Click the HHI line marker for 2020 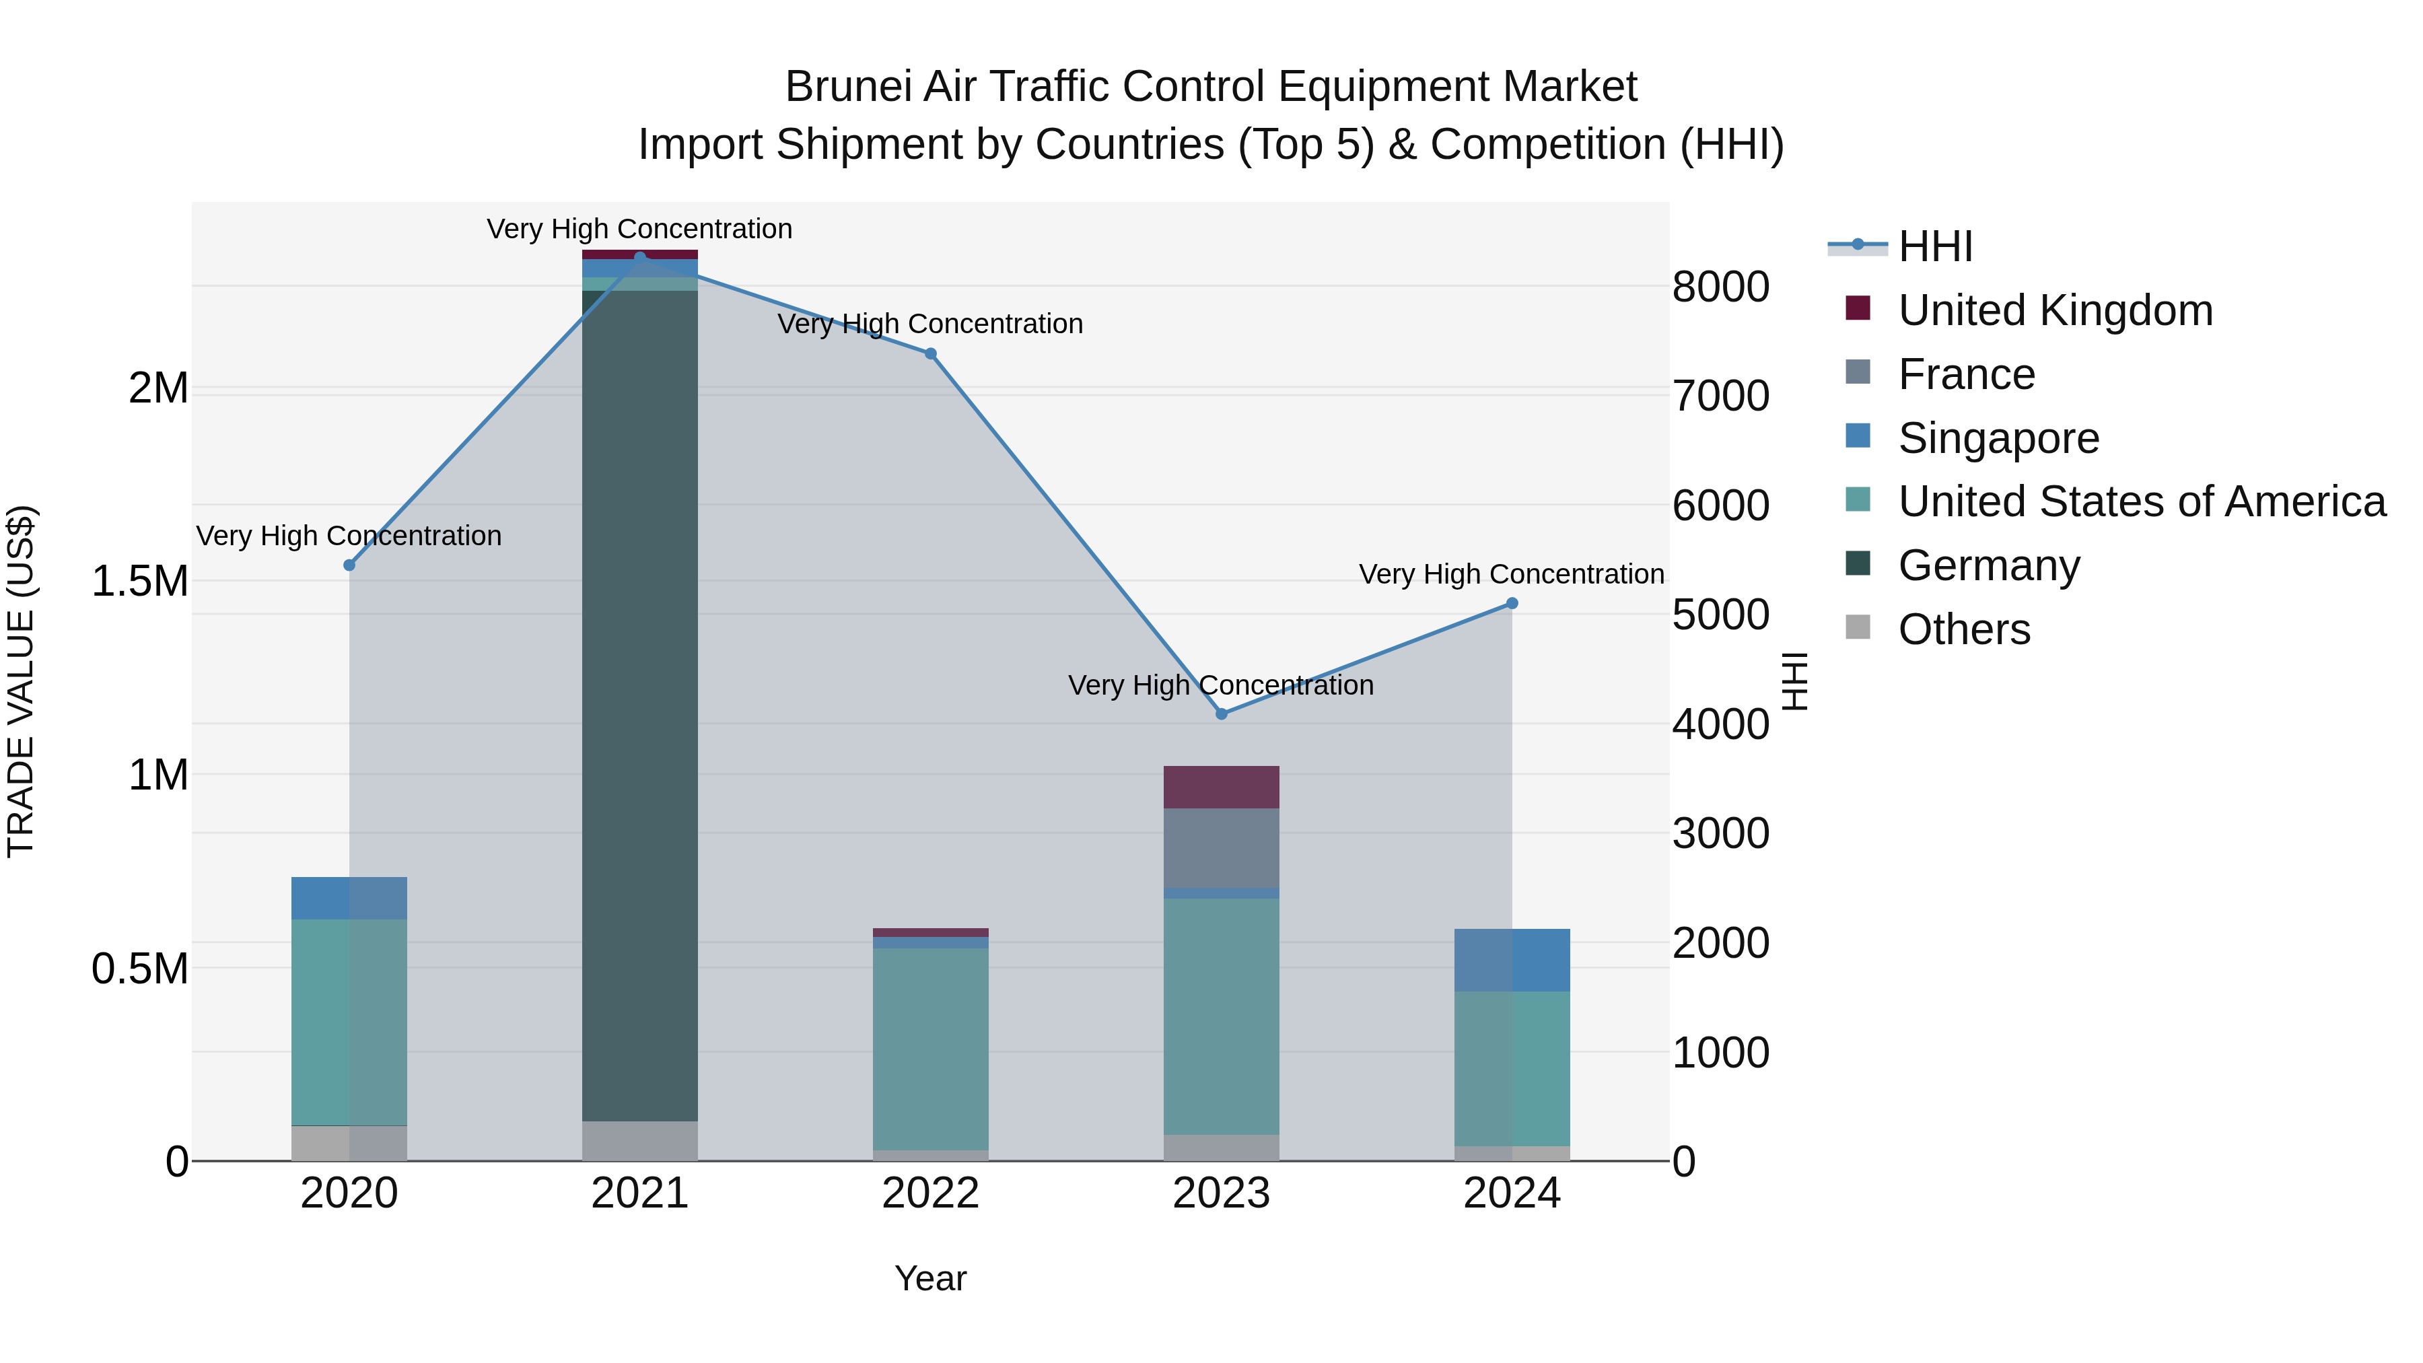pos(349,565)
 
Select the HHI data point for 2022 pos(930,353)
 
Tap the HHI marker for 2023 pos(1221,714)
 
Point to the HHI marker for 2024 pos(1512,604)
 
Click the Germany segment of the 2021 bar pos(639,705)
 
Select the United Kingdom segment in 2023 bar pos(1221,788)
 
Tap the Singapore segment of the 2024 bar pos(1512,960)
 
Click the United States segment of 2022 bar pos(930,1049)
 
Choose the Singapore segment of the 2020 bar pos(349,899)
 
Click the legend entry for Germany pos(1988,565)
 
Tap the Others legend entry pos(1964,629)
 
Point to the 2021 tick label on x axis pos(639,1193)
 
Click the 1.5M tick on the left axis pos(139,582)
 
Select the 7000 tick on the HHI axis pos(1720,396)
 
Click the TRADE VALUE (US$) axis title pos(21,681)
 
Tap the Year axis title pos(930,1278)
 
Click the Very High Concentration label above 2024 pos(1512,573)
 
